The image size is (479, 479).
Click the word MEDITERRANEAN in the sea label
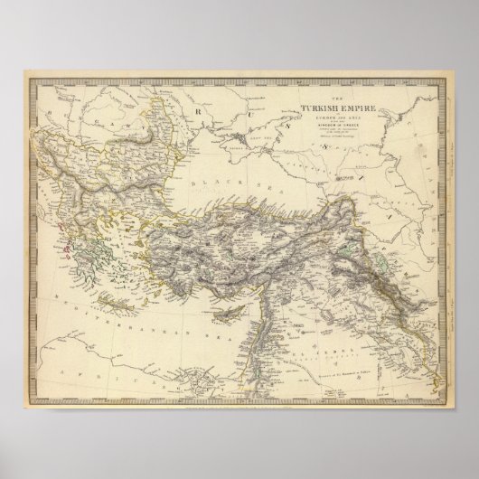click(136, 298)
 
